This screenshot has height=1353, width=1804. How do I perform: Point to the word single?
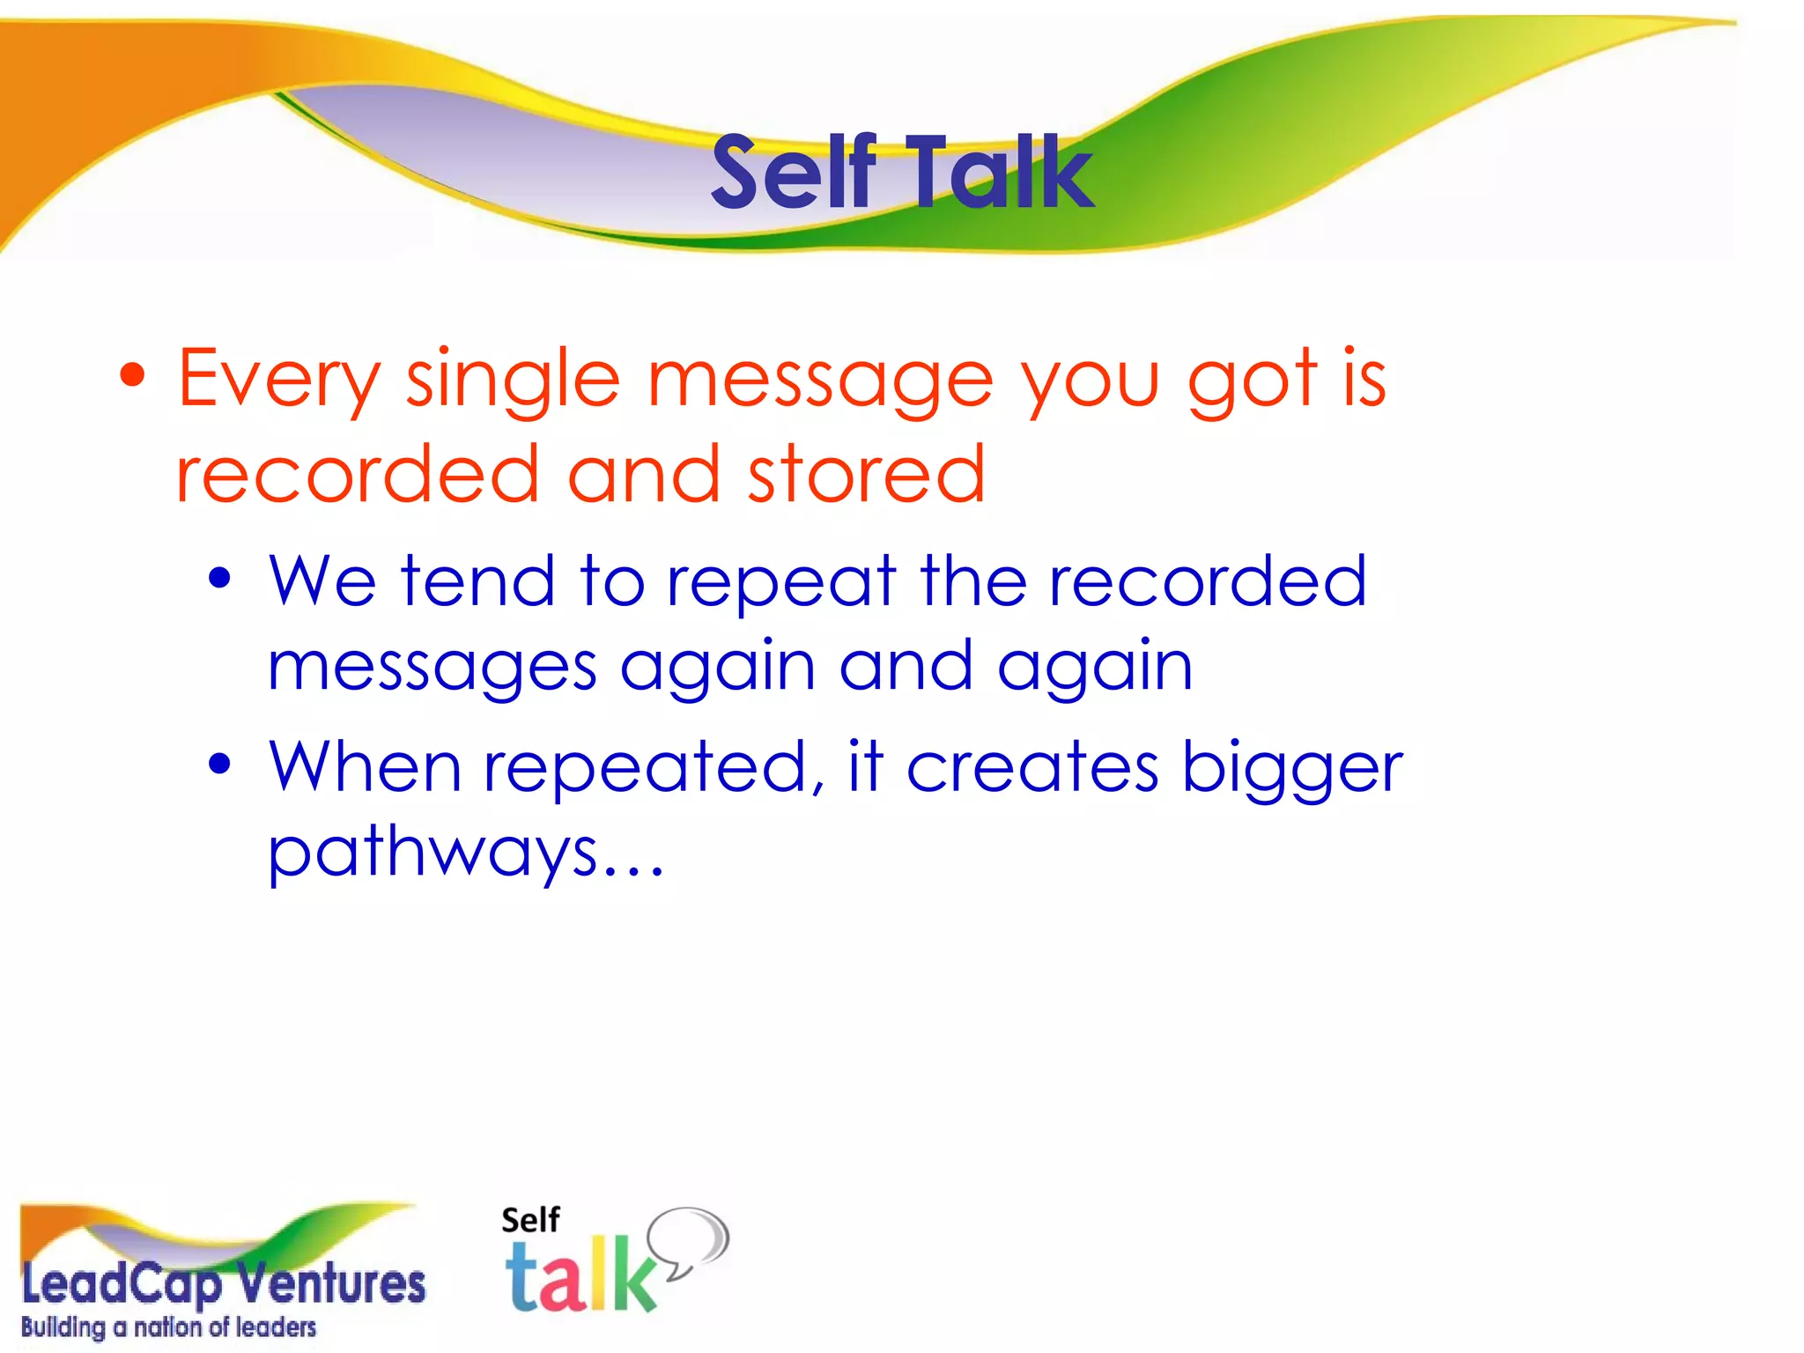[513, 381]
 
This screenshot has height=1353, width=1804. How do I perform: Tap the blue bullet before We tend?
[219, 579]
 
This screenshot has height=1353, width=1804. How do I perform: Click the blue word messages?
[433, 668]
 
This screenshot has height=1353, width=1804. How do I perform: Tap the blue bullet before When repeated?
[219, 763]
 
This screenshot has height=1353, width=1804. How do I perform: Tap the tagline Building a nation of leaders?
[168, 1327]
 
